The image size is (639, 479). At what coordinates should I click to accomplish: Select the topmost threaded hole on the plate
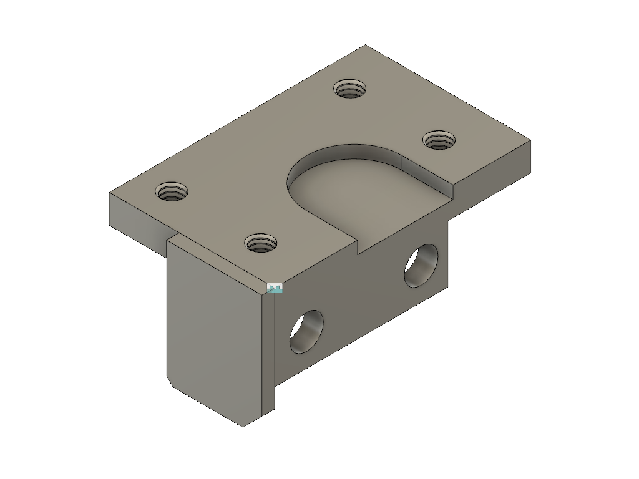pos(349,89)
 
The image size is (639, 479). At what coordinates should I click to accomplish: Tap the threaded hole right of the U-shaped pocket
pos(439,140)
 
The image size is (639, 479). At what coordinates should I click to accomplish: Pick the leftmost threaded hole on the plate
pos(172,191)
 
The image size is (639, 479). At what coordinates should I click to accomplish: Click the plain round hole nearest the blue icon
pos(306,331)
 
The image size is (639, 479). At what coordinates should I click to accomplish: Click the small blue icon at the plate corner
pos(275,288)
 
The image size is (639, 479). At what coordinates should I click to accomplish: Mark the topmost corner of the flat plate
pos(366,46)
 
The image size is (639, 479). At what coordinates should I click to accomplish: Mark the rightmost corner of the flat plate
pos(532,140)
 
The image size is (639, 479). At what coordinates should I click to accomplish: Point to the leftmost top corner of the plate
pos(110,193)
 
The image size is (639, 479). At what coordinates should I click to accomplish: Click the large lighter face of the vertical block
pos(212,331)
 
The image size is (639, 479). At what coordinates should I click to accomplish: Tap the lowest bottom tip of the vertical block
pos(243,427)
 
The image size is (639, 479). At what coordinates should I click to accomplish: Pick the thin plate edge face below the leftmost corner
pos(137,225)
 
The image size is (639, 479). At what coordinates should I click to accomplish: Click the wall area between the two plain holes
pos(362,299)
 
